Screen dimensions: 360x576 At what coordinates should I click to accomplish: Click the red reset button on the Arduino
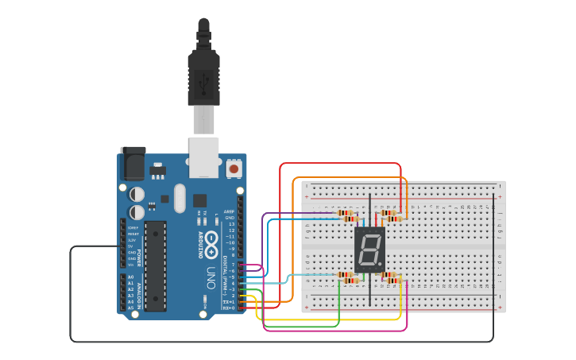tap(234, 168)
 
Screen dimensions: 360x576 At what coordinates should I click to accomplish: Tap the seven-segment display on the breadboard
tap(369, 250)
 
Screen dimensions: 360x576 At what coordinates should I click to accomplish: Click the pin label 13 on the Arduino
tap(231, 224)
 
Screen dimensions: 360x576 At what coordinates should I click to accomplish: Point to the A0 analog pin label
tap(131, 277)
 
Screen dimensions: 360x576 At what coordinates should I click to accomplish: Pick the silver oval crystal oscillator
tap(179, 198)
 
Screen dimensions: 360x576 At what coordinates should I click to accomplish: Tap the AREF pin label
tap(230, 211)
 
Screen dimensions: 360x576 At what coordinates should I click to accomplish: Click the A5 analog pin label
tap(131, 308)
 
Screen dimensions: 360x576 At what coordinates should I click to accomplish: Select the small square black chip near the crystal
tap(199, 201)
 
